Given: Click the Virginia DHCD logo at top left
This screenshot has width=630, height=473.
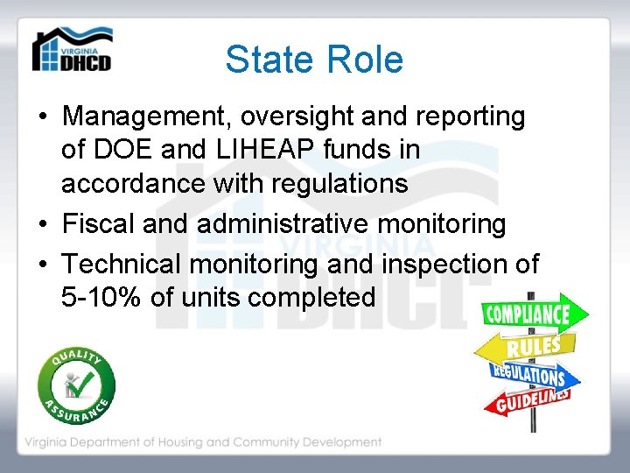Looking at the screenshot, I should pos(72,50).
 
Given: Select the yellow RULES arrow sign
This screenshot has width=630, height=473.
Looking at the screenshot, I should pos(526,348).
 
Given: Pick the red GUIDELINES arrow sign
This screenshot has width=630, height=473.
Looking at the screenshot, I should pos(528,400).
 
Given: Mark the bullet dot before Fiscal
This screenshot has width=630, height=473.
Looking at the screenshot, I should pos(42,225).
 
